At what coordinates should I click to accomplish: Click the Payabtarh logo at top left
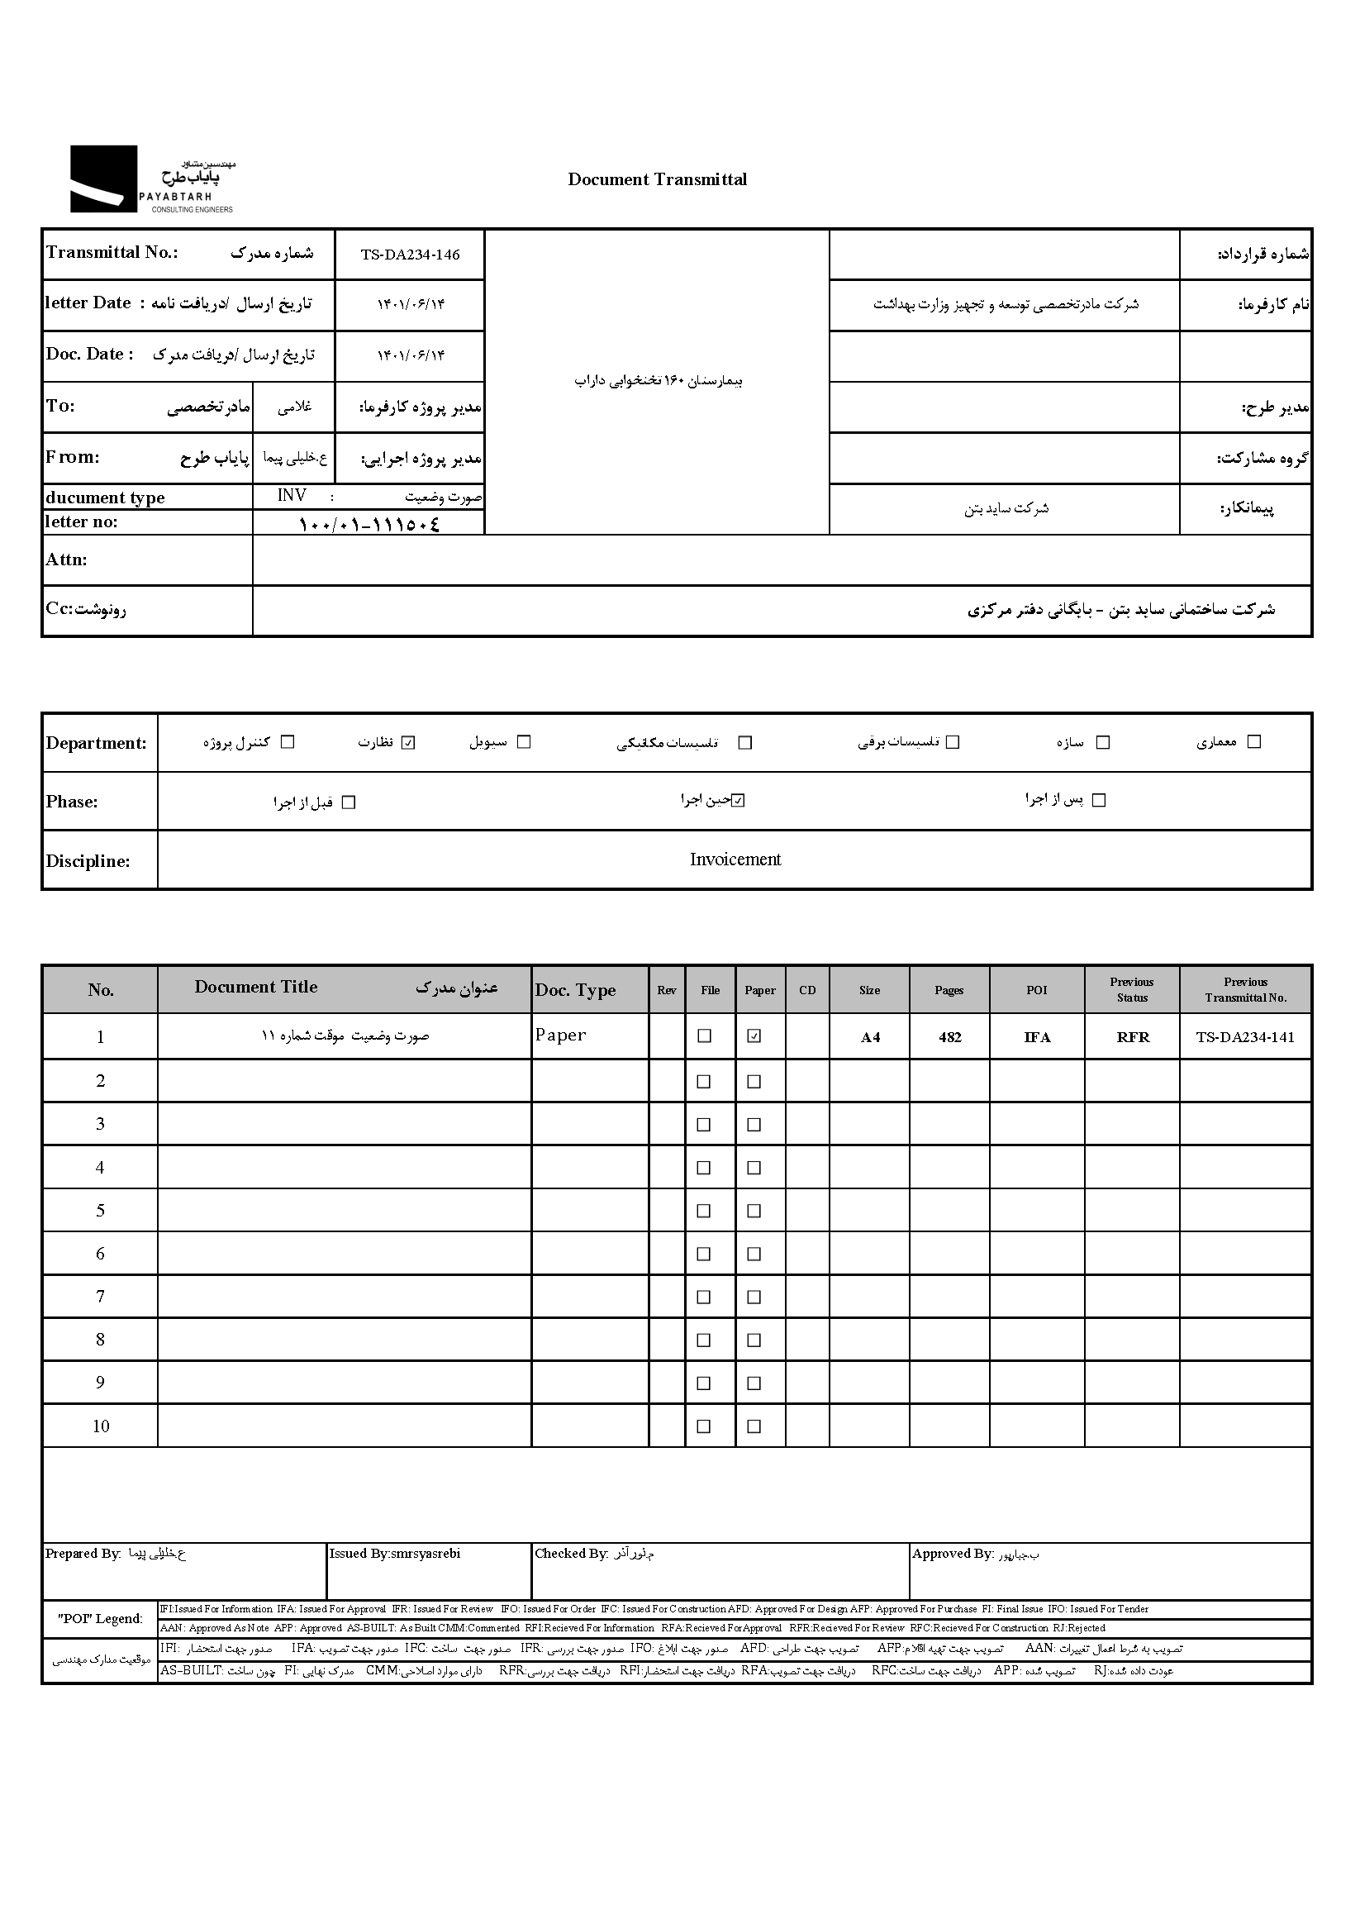(x=150, y=179)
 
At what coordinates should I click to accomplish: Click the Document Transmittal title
(x=657, y=179)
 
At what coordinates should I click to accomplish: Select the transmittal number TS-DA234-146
(x=410, y=255)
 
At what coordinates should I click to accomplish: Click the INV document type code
(x=292, y=496)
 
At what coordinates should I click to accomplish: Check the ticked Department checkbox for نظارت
(x=408, y=742)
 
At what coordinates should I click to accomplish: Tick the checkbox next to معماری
(x=1253, y=741)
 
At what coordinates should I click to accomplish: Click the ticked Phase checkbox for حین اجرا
(x=737, y=801)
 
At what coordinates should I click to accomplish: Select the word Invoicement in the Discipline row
(x=735, y=859)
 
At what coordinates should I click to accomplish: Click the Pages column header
(x=949, y=990)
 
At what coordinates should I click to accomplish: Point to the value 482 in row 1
(x=949, y=1037)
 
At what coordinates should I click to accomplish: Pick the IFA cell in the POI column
(x=1037, y=1037)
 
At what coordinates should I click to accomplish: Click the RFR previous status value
(x=1132, y=1037)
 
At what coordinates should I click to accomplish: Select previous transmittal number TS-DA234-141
(x=1244, y=1037)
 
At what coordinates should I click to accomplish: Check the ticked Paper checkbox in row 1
(x=754, y=1036)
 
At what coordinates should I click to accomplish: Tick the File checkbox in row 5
(x=703, y=1211)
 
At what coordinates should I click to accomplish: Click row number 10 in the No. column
(x=101, y=1426)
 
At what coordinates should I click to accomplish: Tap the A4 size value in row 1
(x=870, y=1037)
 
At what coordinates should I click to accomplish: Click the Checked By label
(x=570, y=1554)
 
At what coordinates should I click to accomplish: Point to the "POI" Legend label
(x=100, y=1618)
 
